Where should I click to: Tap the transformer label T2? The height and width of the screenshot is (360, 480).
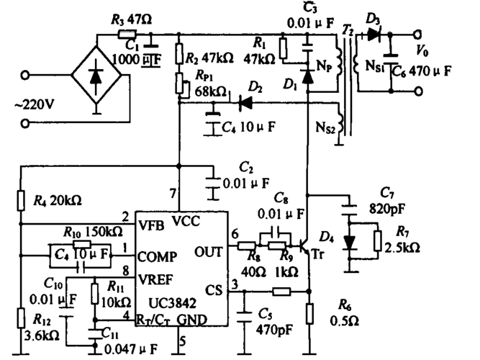(347, 30)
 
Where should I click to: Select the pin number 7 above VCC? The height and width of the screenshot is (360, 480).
(172, 193)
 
